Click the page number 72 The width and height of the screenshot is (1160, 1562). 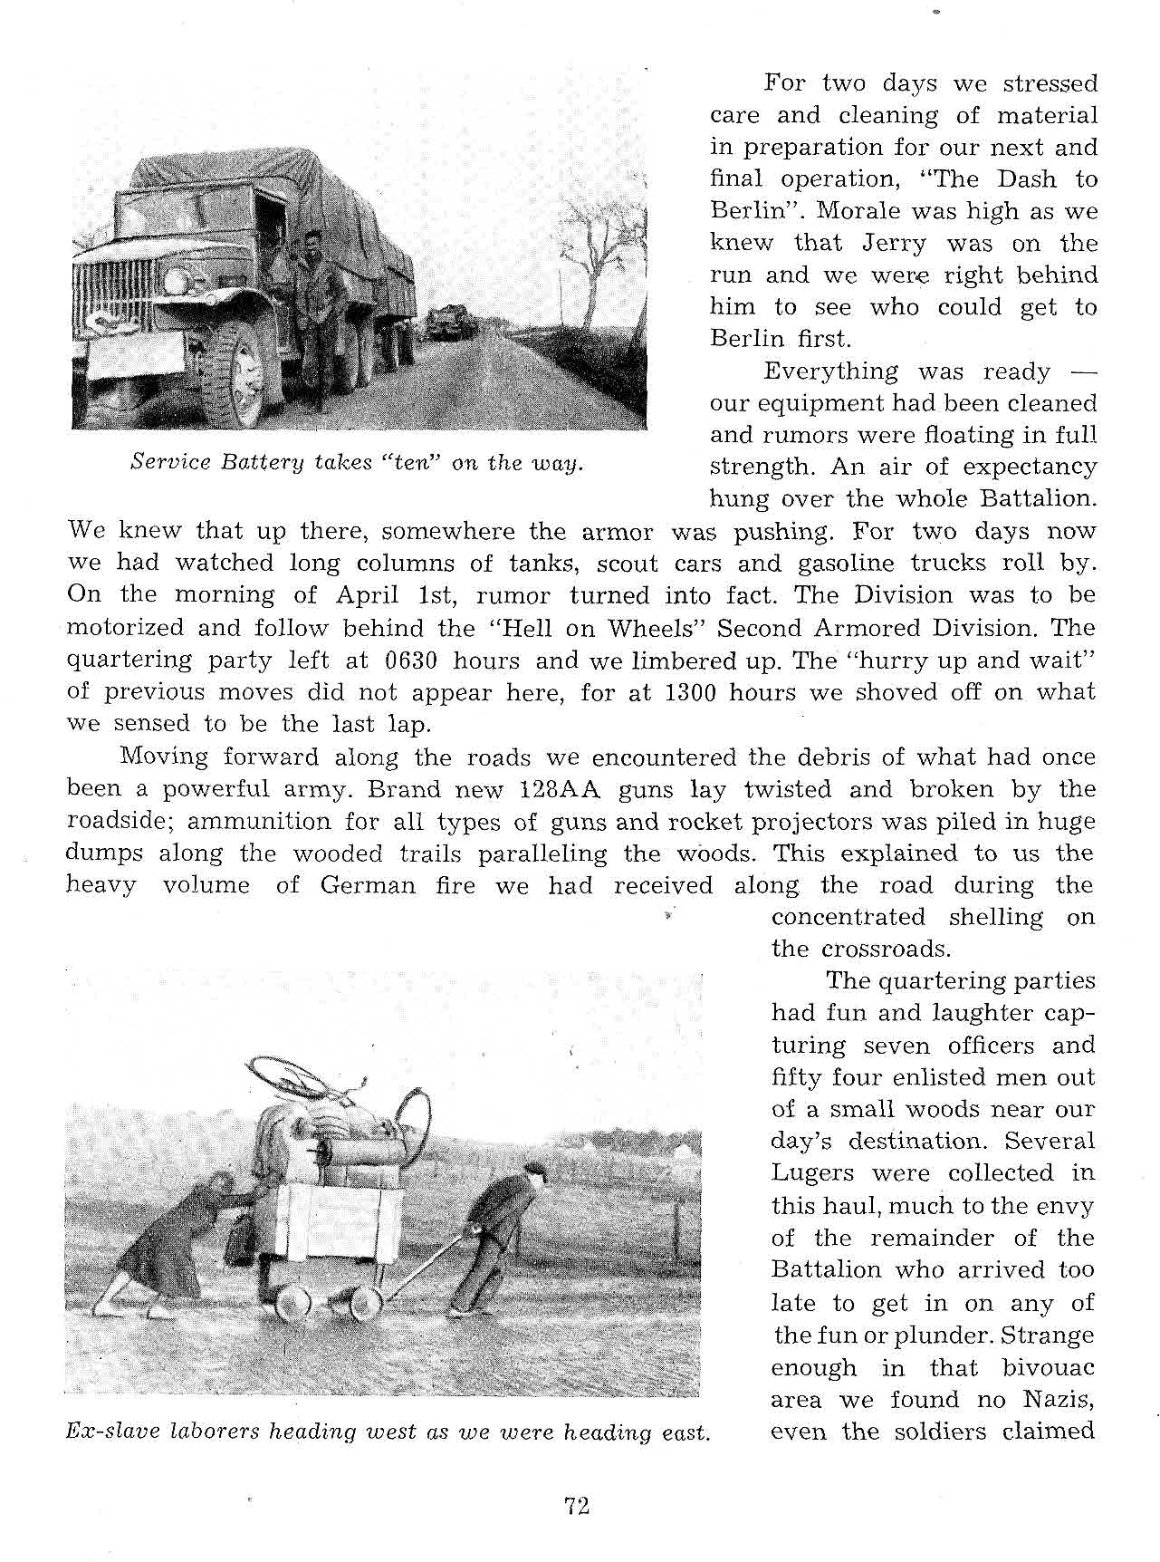coord(577,1506)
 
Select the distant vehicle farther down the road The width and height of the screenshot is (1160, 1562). coord(446,323)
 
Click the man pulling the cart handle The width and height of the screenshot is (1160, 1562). coord(498,1232)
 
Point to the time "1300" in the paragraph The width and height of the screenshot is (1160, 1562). coord(692,693)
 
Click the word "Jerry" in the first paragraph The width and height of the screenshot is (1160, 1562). coord(893,244)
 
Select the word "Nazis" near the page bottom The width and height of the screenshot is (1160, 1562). coord(1059,1400)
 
